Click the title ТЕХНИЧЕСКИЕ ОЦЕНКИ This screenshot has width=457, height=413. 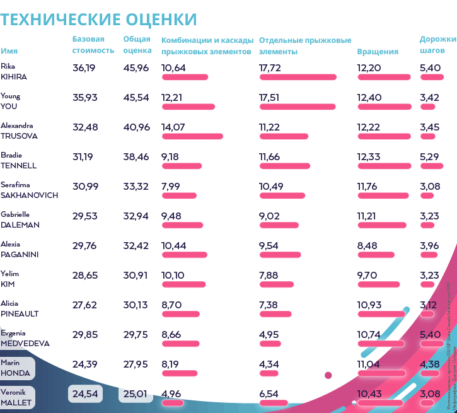pos(98,19)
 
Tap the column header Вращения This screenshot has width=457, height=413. pos(378,52)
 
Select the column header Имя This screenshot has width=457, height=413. pos(9,51)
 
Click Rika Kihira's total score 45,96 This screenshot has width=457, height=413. pos(137,67)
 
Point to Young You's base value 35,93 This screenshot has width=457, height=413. pos(84,97)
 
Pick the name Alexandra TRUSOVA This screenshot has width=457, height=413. pos(19,131)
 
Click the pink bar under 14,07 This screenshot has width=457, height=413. pos(192,136)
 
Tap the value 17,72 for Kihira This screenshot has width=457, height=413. pos(270,67)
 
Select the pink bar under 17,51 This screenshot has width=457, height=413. pos(297,107)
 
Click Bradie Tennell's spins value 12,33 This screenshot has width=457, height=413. pos(369,156)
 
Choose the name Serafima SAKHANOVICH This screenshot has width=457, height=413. pos(29,190)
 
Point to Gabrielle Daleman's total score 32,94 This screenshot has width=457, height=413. pos(137,216)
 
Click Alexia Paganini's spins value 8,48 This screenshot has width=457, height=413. pos(367,245)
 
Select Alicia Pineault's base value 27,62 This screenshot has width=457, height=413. pos(84,305)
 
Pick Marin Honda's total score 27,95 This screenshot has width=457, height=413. pos(137,364)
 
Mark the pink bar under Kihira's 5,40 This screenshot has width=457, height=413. pos(429,77)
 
